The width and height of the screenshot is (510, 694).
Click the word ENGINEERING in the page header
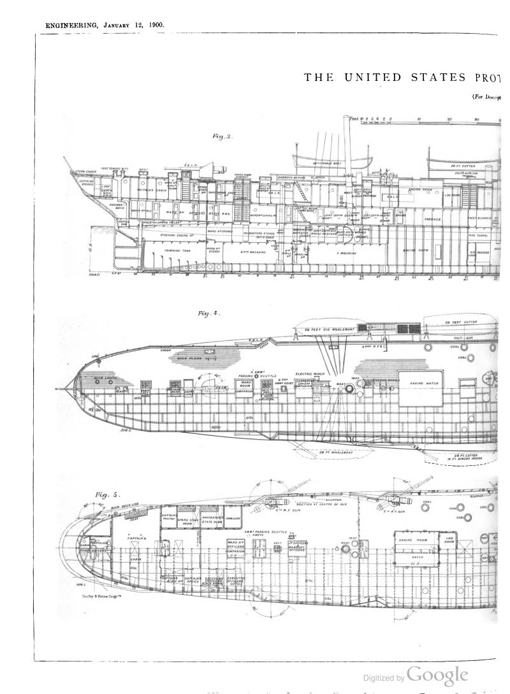pos(69,25)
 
